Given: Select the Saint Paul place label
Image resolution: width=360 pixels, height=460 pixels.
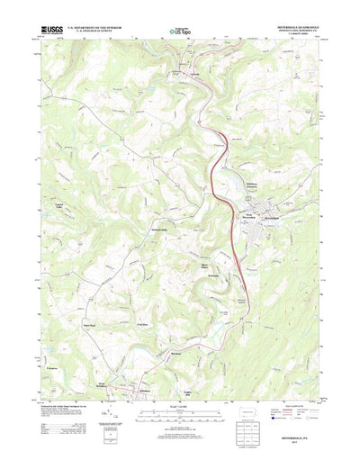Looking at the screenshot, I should click(x=89, y=325).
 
